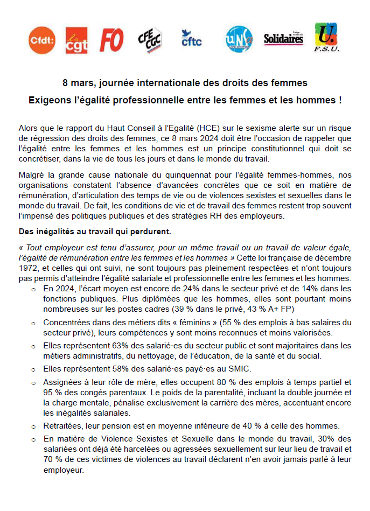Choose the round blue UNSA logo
pyautogui.click(x=238, y=39)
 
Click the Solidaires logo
pyautogui.click(x=283, y=38)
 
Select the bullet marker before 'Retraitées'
pyautogui.click(x=33, y=426)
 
